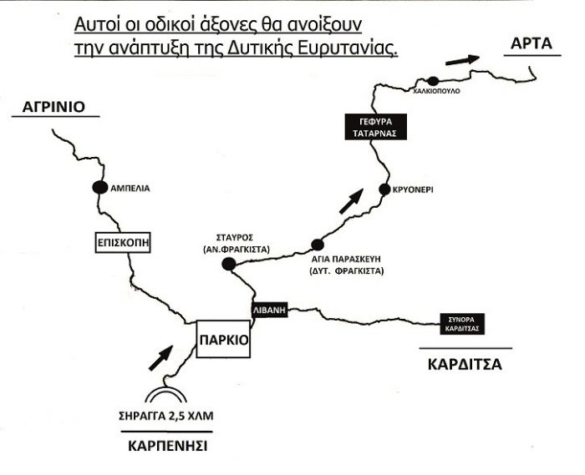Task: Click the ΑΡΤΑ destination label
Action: (530, 42)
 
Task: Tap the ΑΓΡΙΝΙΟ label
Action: (52, 109)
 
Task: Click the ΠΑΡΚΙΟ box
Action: (222, 339)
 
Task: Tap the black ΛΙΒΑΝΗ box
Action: (270, 308)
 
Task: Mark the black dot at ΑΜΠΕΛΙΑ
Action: (99, 188)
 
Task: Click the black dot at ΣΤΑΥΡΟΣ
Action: (228, 265)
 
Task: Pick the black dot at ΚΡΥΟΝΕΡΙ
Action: (384, 189)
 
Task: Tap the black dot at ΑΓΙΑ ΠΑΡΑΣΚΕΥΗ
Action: (318, 245)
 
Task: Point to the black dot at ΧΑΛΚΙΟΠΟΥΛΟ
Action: (433, 80)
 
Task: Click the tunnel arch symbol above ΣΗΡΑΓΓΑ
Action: (165, 396)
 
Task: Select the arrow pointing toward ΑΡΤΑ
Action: (462, 59)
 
